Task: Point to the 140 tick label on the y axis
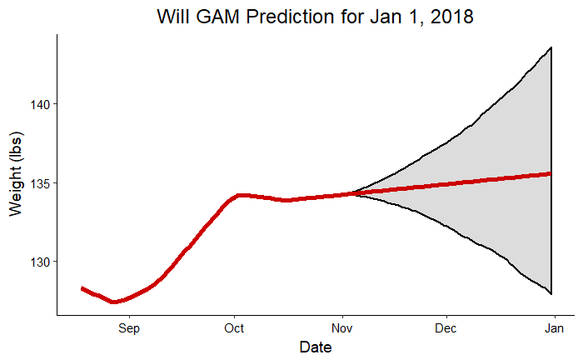[x=38, y=104]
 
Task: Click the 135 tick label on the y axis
[x=38, y=182]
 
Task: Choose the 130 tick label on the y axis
[x=38, y=262]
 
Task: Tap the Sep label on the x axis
[x=128, y=328]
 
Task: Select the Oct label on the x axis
[x=235, y=328]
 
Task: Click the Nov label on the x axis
[x=341, y=328]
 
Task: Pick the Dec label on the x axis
[x=446, y=328]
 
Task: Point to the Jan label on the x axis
[x=553, y=328]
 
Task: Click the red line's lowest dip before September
[x=114, y=302]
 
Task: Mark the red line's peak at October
[x=240, y=195]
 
